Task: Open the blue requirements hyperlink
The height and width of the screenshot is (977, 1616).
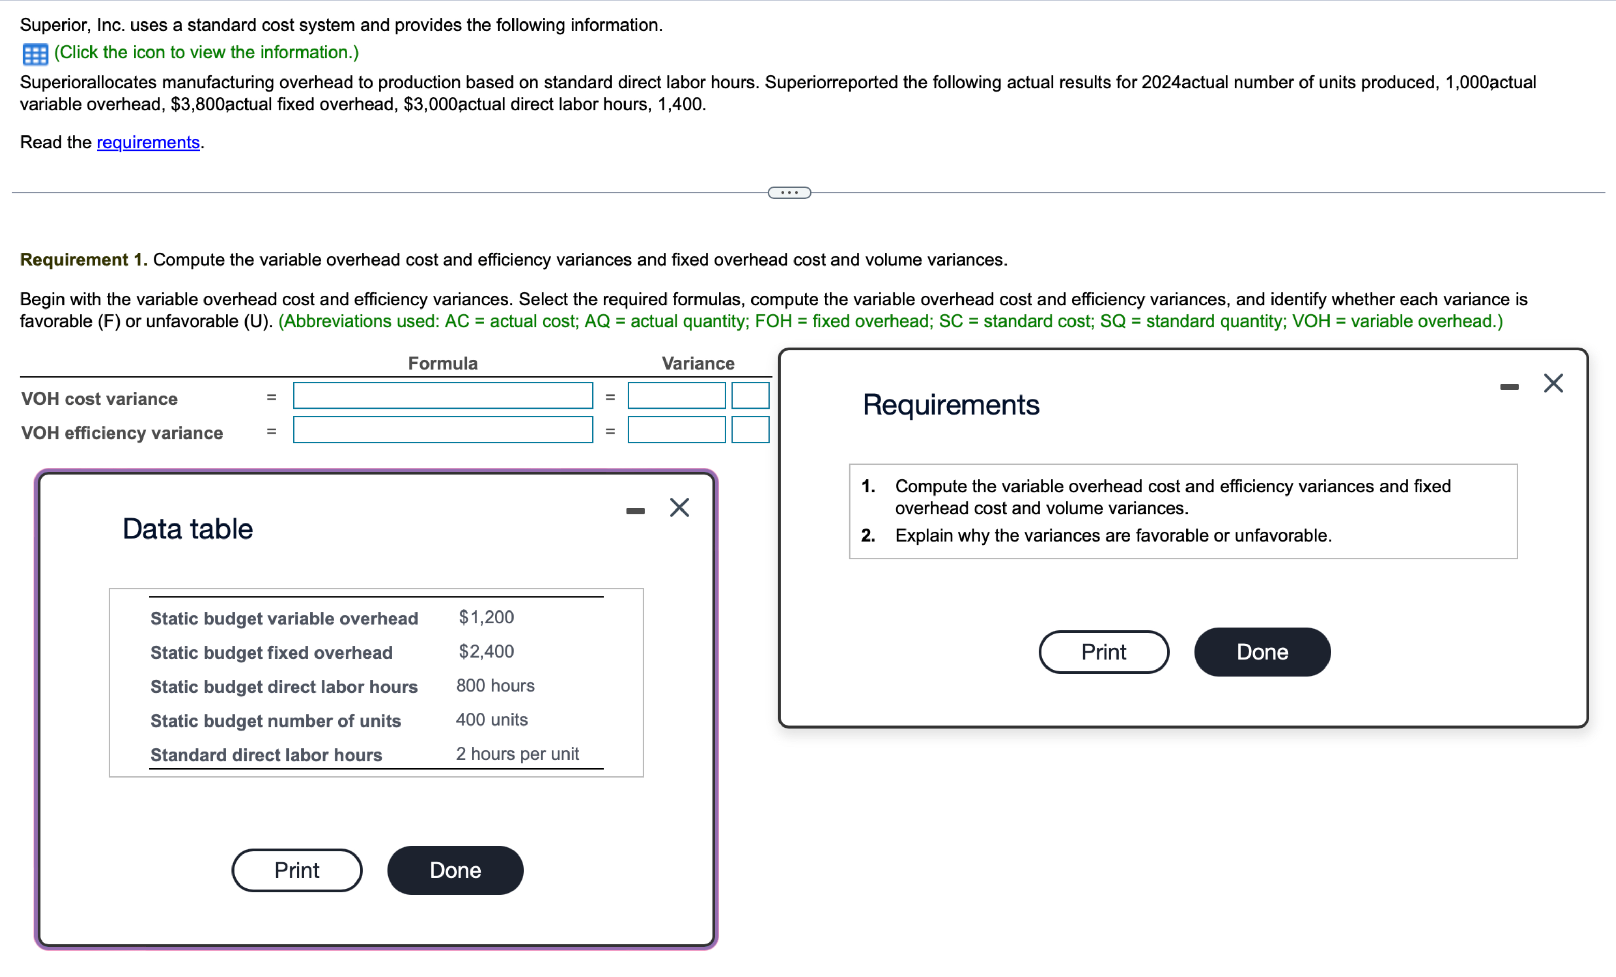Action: pyautogui.click(x=148, y=142)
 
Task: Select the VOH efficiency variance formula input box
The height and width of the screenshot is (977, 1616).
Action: pyautogui.click(x=443, y=430)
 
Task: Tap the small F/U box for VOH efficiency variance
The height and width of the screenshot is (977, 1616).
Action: pyautogui.click(x=750, y=430)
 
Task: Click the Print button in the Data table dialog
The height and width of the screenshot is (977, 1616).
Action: pyautogui.click(x=296, y=870)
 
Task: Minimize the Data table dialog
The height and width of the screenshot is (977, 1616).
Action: pyautogui.click(x=635, y=511)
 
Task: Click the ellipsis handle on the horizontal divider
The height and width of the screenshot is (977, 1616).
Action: pyautogui.click(x=789, y=193)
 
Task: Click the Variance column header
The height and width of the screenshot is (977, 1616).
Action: pyautogui.click(x=698, y=363)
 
